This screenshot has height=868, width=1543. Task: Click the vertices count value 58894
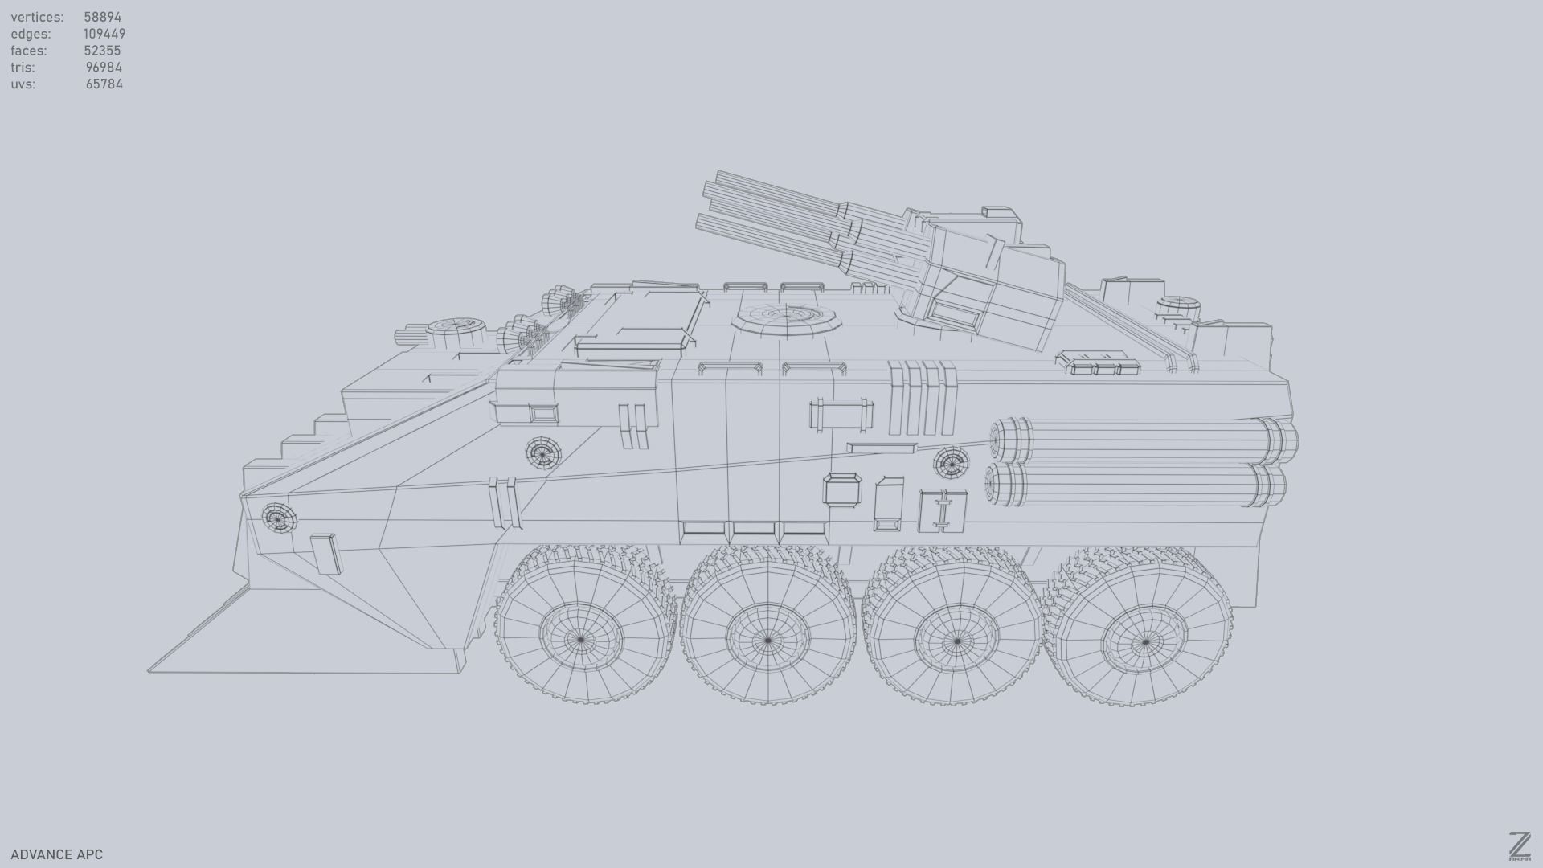103,17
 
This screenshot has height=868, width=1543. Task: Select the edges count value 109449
104,34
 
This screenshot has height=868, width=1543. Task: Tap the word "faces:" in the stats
29,51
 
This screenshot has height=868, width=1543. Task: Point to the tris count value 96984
104,68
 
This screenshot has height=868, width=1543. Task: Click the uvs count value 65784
104,84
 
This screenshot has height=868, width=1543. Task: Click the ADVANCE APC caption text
57,854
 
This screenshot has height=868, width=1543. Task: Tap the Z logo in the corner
1520,845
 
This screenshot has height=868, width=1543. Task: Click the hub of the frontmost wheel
581,640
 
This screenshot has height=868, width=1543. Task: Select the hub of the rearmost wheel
1144,642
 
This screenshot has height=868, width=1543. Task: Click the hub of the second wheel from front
767,641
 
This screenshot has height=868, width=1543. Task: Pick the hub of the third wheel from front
956,641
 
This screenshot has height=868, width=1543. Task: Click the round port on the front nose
278,518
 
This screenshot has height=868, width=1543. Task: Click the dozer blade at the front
305,643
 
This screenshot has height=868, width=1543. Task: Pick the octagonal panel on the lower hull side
841,489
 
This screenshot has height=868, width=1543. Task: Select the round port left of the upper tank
952,462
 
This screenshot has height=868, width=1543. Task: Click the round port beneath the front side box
542,452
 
